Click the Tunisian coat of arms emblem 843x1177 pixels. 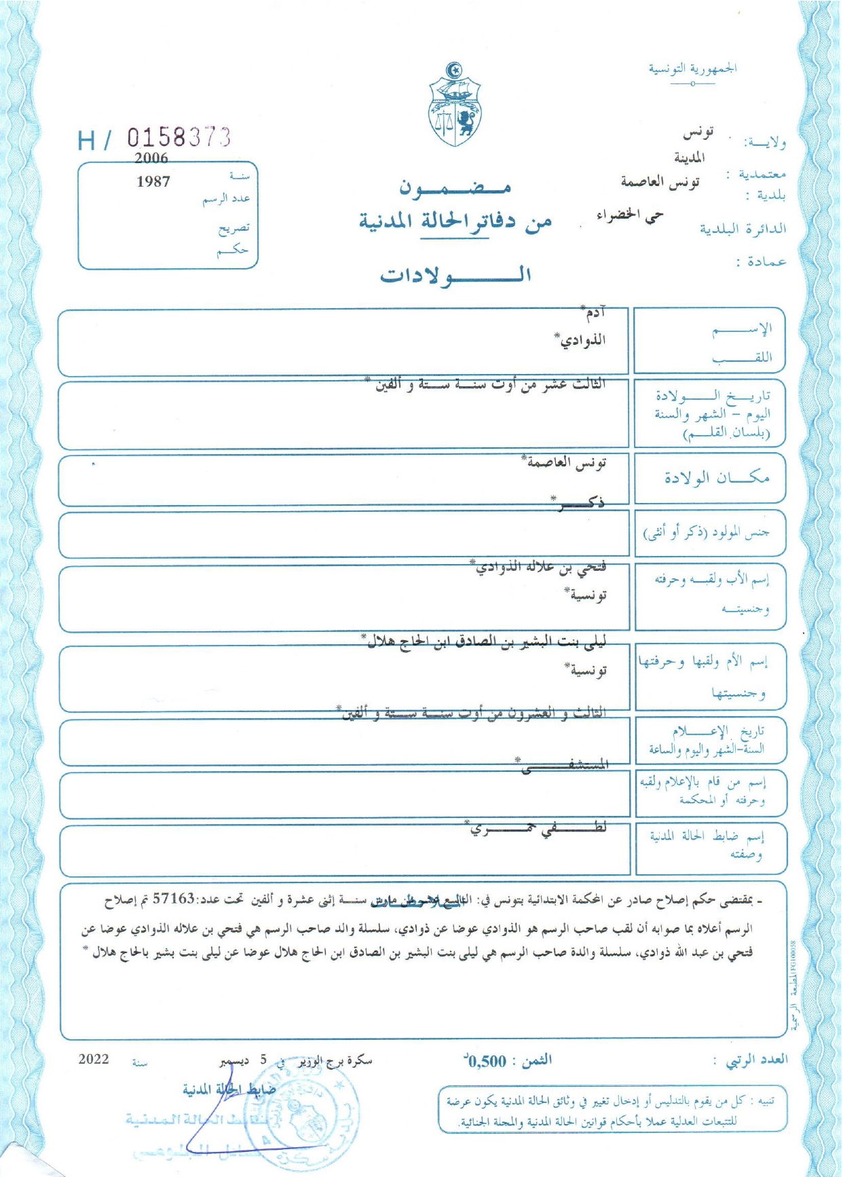(455, 105)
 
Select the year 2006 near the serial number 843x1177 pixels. (151, 158)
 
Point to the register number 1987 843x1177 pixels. (153, 181)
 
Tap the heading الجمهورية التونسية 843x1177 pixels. (692, 69)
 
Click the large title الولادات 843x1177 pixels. (455, 275)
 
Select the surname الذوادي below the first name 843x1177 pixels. (581, 339)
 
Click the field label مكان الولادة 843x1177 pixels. (717, 478)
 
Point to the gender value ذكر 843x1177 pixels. (580, 502)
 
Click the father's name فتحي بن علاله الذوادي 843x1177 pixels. (540, 567)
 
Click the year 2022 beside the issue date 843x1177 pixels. (94, 1060)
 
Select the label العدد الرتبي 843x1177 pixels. (757, 1060)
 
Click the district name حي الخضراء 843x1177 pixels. (629, 215)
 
